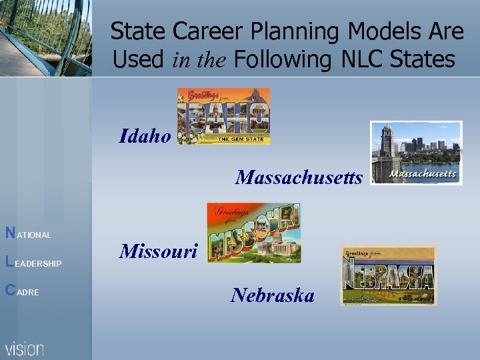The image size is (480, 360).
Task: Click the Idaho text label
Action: point(145,137)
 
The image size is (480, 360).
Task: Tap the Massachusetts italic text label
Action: point(299,178)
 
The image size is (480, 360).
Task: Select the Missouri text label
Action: point(159,251)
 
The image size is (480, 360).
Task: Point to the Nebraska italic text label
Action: point(272,295)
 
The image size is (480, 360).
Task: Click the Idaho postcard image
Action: point(223,116)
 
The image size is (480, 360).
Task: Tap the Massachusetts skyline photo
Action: point(416,153)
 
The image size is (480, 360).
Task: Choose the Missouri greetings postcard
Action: point(253,233)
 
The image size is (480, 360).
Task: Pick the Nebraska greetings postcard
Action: point(388,275)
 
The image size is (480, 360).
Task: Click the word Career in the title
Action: point(208,31)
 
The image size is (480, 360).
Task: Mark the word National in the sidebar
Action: point(28,234)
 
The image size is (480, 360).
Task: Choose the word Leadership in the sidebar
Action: point(33,263)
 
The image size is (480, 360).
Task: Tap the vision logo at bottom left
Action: point(25,348)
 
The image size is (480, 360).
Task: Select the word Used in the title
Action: point(139,59)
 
